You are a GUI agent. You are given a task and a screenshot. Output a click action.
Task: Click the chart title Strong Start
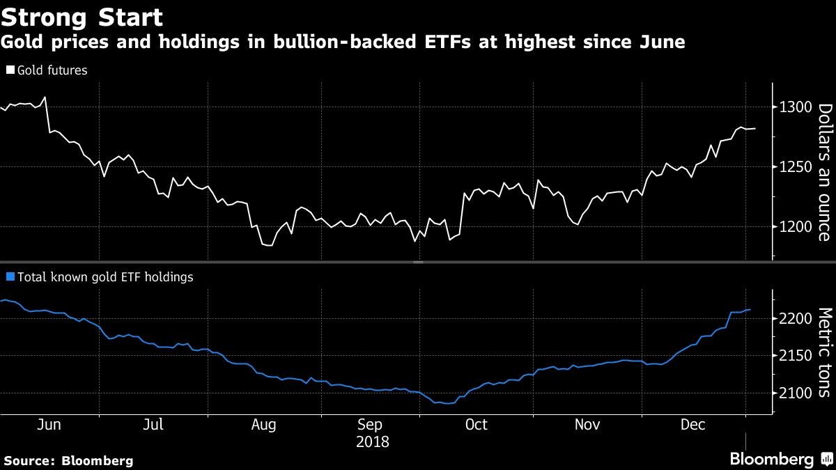(x=82, y=17)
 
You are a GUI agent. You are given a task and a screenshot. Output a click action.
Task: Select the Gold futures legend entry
(x=47, y=70)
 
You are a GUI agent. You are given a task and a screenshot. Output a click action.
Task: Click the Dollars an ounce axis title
(x=824, y=172)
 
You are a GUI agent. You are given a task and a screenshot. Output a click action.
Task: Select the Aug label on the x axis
(x=264, y=425)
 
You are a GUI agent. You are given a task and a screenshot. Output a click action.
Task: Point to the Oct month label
(x=476, y=425)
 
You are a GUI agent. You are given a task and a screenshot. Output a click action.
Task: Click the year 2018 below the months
(x=372, y=441)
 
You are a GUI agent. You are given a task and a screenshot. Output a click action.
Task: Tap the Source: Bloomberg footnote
(x=68, y=460)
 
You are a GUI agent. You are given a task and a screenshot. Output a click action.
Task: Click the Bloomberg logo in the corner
(x=771, y=459)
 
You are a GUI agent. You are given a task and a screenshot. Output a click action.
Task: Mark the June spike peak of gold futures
(x=45, y=97)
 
